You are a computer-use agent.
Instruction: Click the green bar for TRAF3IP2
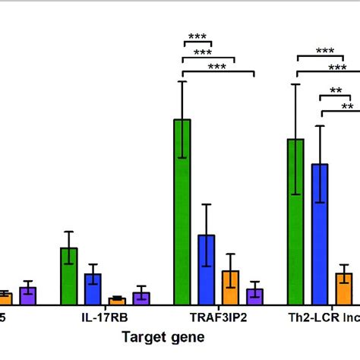click(x=182, y=212)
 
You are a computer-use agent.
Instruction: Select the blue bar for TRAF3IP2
click(x=207, y=270)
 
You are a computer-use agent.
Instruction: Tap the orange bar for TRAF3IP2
click(x=230, y=288)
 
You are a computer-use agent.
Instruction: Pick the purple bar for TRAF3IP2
click(x=254, y=297)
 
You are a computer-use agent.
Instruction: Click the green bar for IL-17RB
click(x=69, y=276)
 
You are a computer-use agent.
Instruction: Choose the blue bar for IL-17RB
click(x=93, y=289)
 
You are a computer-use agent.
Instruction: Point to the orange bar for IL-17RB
click(x=117, y=301)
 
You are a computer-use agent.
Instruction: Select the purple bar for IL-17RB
click(x=141, y=298)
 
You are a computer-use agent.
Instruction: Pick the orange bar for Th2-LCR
click(x=344, y=289)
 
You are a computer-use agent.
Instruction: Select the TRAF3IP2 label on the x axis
click(x=218, y=319)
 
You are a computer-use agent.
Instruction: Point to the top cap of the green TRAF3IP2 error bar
click(x=182, y=81)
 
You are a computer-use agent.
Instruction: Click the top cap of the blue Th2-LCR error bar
click(x=321, y=126)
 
